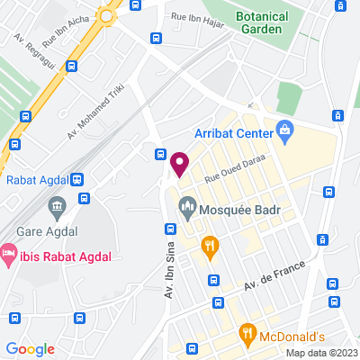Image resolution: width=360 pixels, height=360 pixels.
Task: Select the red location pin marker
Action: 179,164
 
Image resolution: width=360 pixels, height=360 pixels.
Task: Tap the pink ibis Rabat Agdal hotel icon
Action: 8,255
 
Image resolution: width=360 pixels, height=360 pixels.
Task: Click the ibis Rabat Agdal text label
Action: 63,256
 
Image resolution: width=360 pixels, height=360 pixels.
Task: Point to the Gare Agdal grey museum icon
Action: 58,208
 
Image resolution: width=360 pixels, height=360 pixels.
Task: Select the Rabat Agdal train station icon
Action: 78,178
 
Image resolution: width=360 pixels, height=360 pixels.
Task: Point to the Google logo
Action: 31,349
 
